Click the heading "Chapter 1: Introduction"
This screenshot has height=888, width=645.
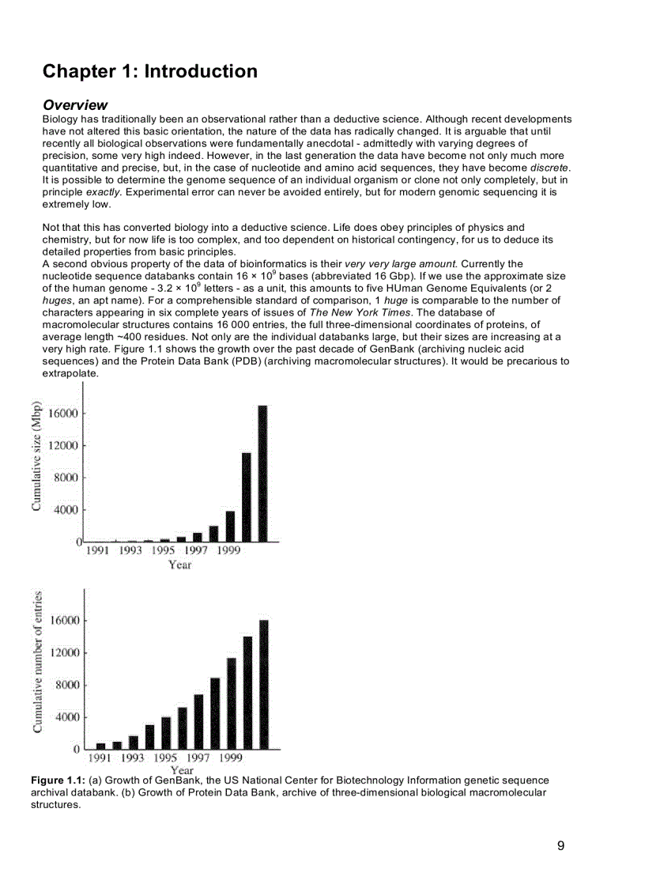[x=149, y=71]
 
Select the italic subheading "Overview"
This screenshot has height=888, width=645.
[x=75, y=105]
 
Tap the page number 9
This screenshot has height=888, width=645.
[x=560, y=846]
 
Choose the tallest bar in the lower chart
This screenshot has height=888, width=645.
[x=263, y=684]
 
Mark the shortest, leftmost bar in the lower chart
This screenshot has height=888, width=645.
[x=100, y=746]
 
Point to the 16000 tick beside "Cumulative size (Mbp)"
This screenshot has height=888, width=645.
[x=62, y=413]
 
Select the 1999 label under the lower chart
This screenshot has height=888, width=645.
[x=230, y=758]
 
